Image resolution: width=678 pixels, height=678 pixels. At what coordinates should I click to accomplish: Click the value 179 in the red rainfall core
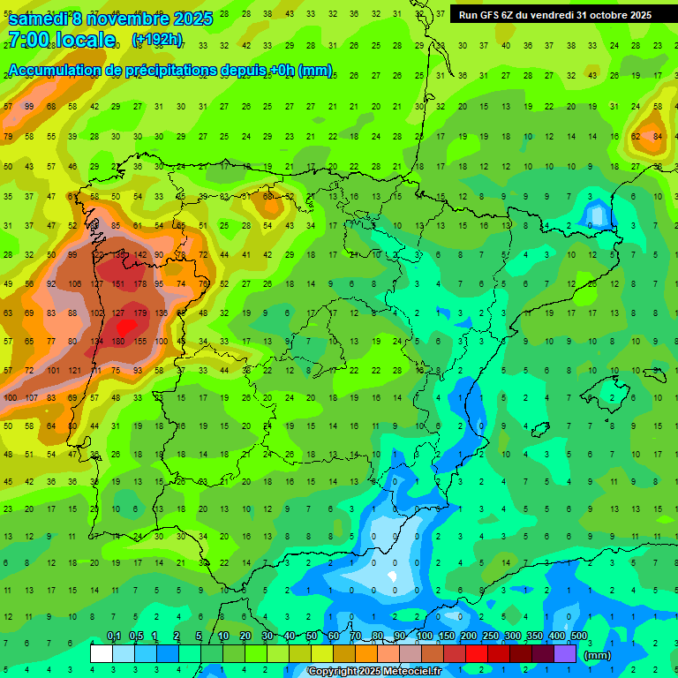[x=139, y=313]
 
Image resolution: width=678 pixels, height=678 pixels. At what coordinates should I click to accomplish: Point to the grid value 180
[x=118, y=342]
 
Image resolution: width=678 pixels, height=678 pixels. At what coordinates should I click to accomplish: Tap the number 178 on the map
[x=139, y=283]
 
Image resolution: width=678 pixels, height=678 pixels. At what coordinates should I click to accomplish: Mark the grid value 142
[x=139, y=255]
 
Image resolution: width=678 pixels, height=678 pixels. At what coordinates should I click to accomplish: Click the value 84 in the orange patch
[x=658, y=136]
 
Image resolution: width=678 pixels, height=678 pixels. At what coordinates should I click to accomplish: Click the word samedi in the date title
[x=42, y=19]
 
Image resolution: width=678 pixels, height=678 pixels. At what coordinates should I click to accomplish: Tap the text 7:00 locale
[x=61, y=40]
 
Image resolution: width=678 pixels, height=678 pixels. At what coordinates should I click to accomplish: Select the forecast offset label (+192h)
[x=157, y=40]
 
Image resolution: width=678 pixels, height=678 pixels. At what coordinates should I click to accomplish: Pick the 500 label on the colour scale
[x=579, y=636]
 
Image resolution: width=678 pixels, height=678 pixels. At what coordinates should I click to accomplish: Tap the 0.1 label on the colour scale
[x=114, y=636]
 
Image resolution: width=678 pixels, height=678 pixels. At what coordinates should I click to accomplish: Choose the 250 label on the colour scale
[x=490, y=636]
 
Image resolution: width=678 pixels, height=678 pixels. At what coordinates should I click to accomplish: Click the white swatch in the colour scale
[x=102, y=653]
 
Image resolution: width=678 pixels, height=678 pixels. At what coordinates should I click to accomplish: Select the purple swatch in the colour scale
[x=565, y=653]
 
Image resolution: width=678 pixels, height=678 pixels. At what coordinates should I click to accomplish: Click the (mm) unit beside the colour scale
[x=598, y=655]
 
